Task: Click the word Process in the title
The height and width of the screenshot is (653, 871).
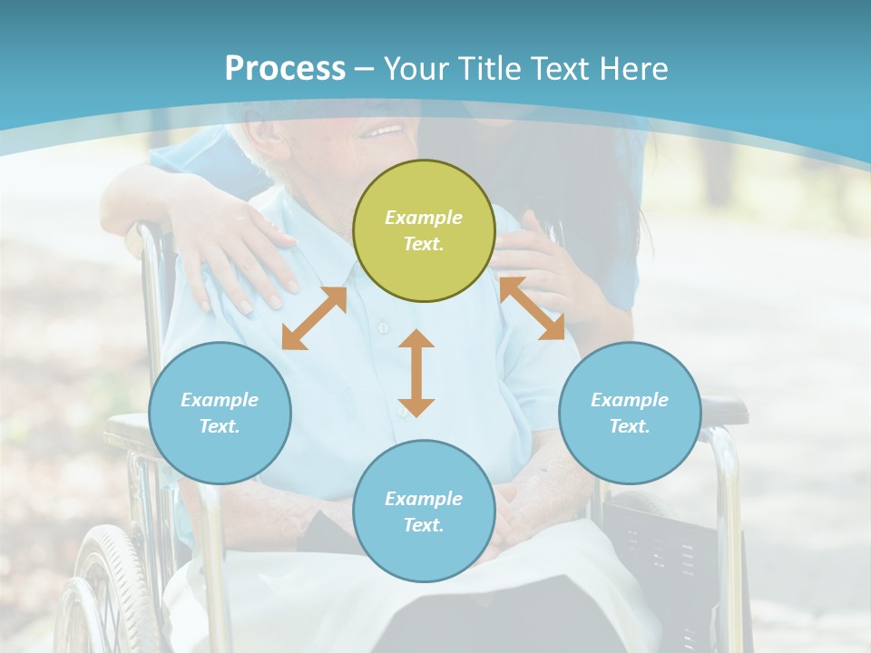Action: point(285,69)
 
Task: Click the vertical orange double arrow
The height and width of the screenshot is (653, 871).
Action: point(416,373)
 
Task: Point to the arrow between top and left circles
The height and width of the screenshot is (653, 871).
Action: point(314,318)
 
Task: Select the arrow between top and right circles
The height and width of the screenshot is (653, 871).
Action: point(532,308)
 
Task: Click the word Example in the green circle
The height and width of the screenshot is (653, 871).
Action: point(424,218)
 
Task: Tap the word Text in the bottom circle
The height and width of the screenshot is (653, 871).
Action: point(422,525)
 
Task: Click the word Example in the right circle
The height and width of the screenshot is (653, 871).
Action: point(630,400)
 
